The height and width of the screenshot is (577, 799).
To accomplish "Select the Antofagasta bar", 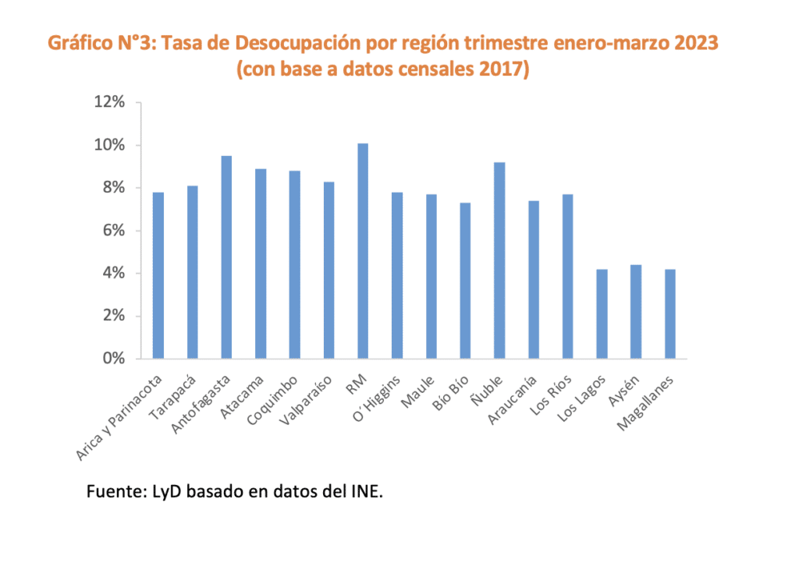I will [226, 257].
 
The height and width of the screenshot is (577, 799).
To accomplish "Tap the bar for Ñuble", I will [499, 260].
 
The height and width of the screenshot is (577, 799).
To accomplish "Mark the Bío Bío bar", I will [465, 281].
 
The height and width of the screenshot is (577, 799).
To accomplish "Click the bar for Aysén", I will [636, 312].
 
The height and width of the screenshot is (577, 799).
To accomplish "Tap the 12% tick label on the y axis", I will [110, 103].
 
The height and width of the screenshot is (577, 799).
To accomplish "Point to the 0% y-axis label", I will [114, 359].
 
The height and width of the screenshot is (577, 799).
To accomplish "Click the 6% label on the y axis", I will [114, 231].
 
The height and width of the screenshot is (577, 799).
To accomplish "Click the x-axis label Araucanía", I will [513, 398].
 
